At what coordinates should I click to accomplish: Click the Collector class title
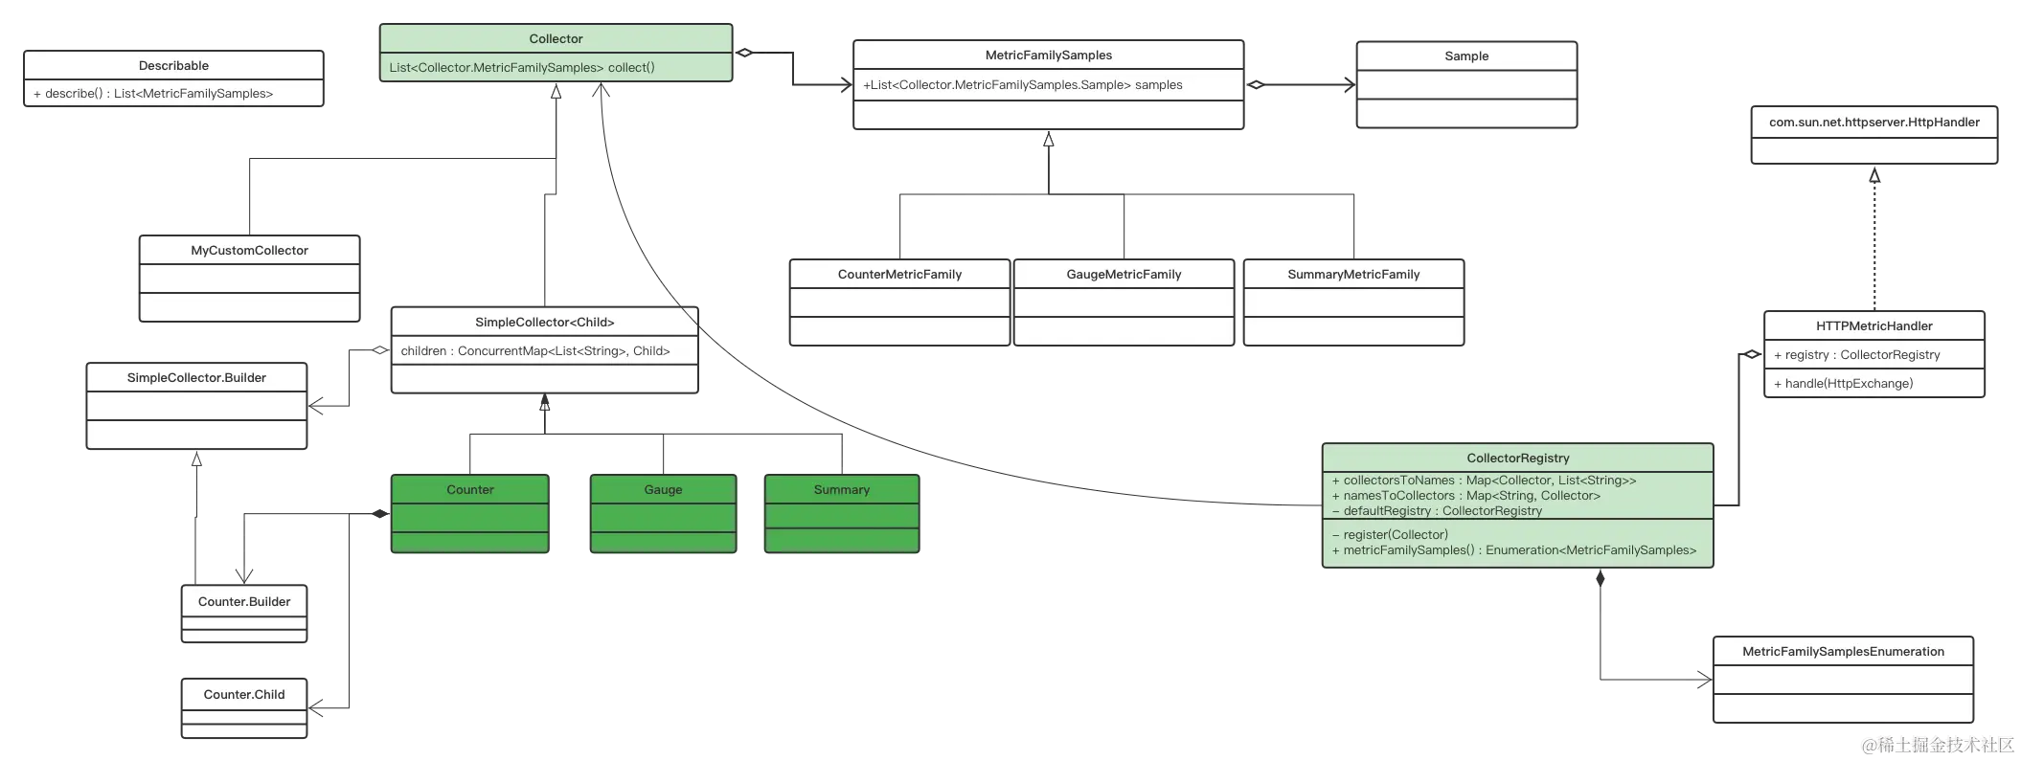coord(556,39)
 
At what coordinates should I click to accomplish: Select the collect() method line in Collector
coord(522,68)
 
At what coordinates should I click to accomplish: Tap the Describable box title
coord(173,66)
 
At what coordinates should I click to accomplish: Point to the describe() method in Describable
coord(153,94)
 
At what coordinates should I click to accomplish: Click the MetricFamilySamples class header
coord(1048,56)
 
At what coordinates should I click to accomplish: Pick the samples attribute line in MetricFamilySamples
coord(1022,85)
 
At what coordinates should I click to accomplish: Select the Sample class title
coord(1465,56)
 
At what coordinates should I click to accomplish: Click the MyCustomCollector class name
coord(249,251)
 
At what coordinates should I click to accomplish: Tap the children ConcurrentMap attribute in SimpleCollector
coord(534,351)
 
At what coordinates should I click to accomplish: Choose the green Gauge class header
coord(663,490)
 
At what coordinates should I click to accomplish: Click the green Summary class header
coord(841,490)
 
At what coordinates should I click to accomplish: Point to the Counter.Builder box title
coord(244,602)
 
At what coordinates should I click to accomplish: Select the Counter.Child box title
coord(244,695)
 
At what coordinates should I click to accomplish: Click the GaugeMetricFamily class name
coord(1124,275)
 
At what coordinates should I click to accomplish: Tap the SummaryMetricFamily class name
coord(1352,275)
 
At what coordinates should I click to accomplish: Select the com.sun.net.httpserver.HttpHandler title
coord(1873,123)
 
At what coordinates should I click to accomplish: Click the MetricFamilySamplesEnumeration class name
coord(1842,652)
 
